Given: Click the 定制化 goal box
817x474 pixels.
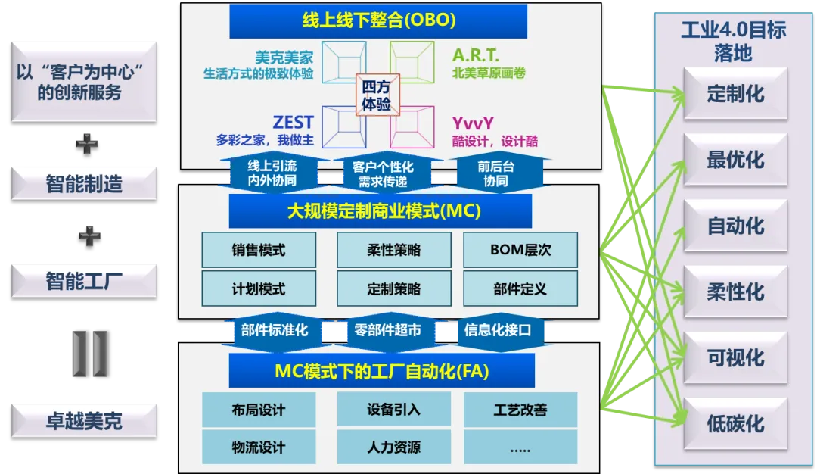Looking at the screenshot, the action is coord(735,95).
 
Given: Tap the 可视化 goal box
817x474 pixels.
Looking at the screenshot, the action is coord(735,358).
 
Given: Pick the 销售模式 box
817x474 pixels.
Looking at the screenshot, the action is coord(258,250).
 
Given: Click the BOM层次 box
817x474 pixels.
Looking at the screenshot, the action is coord(520,250).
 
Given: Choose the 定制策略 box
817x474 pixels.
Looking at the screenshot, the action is coord(393,289).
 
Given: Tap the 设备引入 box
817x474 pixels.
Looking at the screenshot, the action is coord(393,410).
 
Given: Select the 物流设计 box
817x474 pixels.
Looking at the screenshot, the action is coord(258,447).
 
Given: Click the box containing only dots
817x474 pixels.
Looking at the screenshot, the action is coord(520,447).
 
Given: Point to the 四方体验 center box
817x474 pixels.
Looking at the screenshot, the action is coord(377,95).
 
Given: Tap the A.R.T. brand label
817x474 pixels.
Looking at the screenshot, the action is coord(475,55).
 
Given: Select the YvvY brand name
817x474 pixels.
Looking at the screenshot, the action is coord(473,123).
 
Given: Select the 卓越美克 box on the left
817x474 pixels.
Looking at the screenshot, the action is coord(84,420).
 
